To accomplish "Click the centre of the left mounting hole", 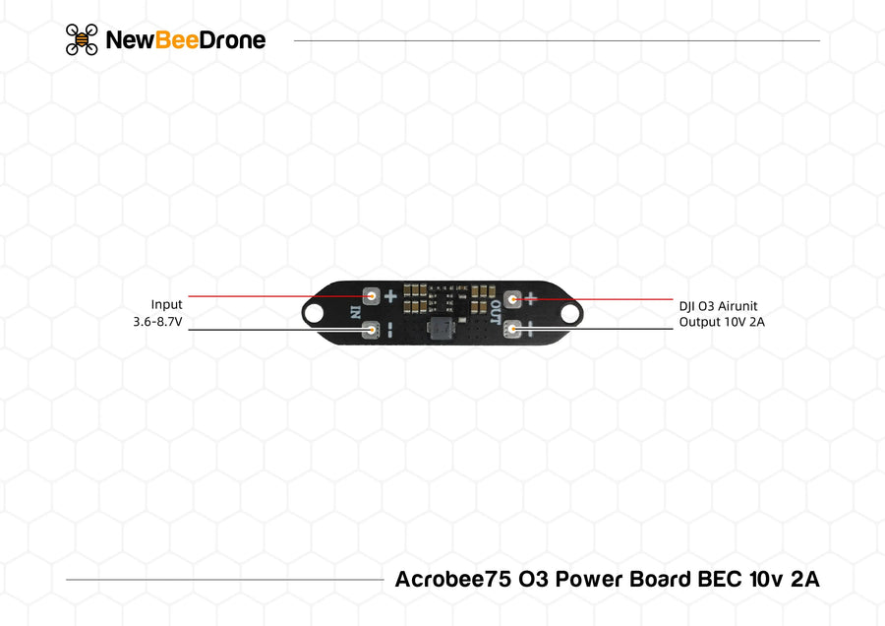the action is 315,312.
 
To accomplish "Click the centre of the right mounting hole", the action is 570,312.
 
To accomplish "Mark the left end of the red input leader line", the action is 189,295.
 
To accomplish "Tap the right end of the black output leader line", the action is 673,329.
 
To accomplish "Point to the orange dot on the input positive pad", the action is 372,295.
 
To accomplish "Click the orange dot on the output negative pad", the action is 512,329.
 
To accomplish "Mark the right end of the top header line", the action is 820,40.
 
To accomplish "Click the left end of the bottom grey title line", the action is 66,580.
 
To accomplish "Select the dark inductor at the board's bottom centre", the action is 442,329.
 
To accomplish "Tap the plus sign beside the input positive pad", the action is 390,296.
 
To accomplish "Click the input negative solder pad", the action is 371,330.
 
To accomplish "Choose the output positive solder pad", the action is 512,299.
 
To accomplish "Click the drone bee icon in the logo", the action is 82,39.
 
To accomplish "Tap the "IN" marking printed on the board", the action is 355,312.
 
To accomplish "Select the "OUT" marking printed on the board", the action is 495,312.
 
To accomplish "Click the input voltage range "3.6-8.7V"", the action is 157,322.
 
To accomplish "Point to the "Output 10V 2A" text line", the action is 722,322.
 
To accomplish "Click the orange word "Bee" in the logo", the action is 177,40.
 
